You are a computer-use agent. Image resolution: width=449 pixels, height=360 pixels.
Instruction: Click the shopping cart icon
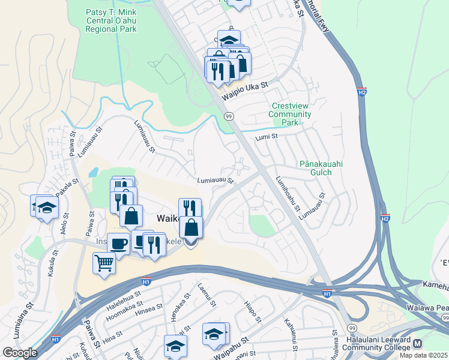(x=104, y=263)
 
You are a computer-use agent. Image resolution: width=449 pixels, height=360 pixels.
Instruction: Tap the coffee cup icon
(x=119, y=244)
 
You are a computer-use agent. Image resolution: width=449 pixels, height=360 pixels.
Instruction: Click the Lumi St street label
(x=267, y=137)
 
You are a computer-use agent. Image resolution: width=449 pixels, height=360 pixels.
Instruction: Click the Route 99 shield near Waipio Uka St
(x=228, y=116)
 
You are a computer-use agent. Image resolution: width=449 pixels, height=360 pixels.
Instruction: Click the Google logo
(x=20, y=352)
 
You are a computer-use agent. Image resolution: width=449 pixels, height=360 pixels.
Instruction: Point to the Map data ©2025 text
(x=423, y=355)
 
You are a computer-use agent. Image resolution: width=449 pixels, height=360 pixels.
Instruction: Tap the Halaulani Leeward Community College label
(x=378, y=343)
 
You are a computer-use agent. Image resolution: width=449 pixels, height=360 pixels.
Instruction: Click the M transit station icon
(x=418, y=343)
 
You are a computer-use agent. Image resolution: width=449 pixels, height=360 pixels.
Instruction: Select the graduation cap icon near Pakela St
(x=46, y=207)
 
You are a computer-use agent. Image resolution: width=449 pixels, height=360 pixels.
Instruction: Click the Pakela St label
(x=67, y=187)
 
